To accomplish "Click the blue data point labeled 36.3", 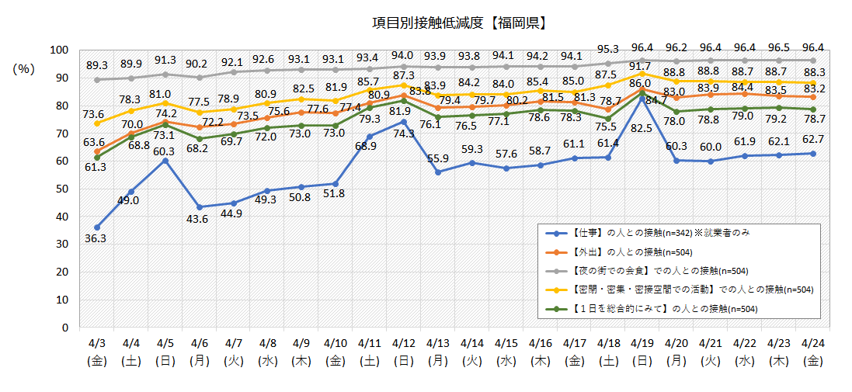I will pyautogui.click(x=97, y=227).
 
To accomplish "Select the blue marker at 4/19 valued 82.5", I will pyautogui.click(x=642, y=99).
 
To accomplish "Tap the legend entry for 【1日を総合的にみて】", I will pyautogui.click(x=652, y=308).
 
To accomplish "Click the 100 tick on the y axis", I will pyautogui.click(x=59, y=50).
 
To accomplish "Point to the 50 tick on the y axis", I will pyautogui.click(x=62, y=189).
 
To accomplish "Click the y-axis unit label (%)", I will pyautogui.click(x=24, y=69).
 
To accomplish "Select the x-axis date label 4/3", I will pyautogui.click(x=97, y=342).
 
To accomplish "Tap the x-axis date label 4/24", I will pyautogui.click(x=812, y=342).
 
